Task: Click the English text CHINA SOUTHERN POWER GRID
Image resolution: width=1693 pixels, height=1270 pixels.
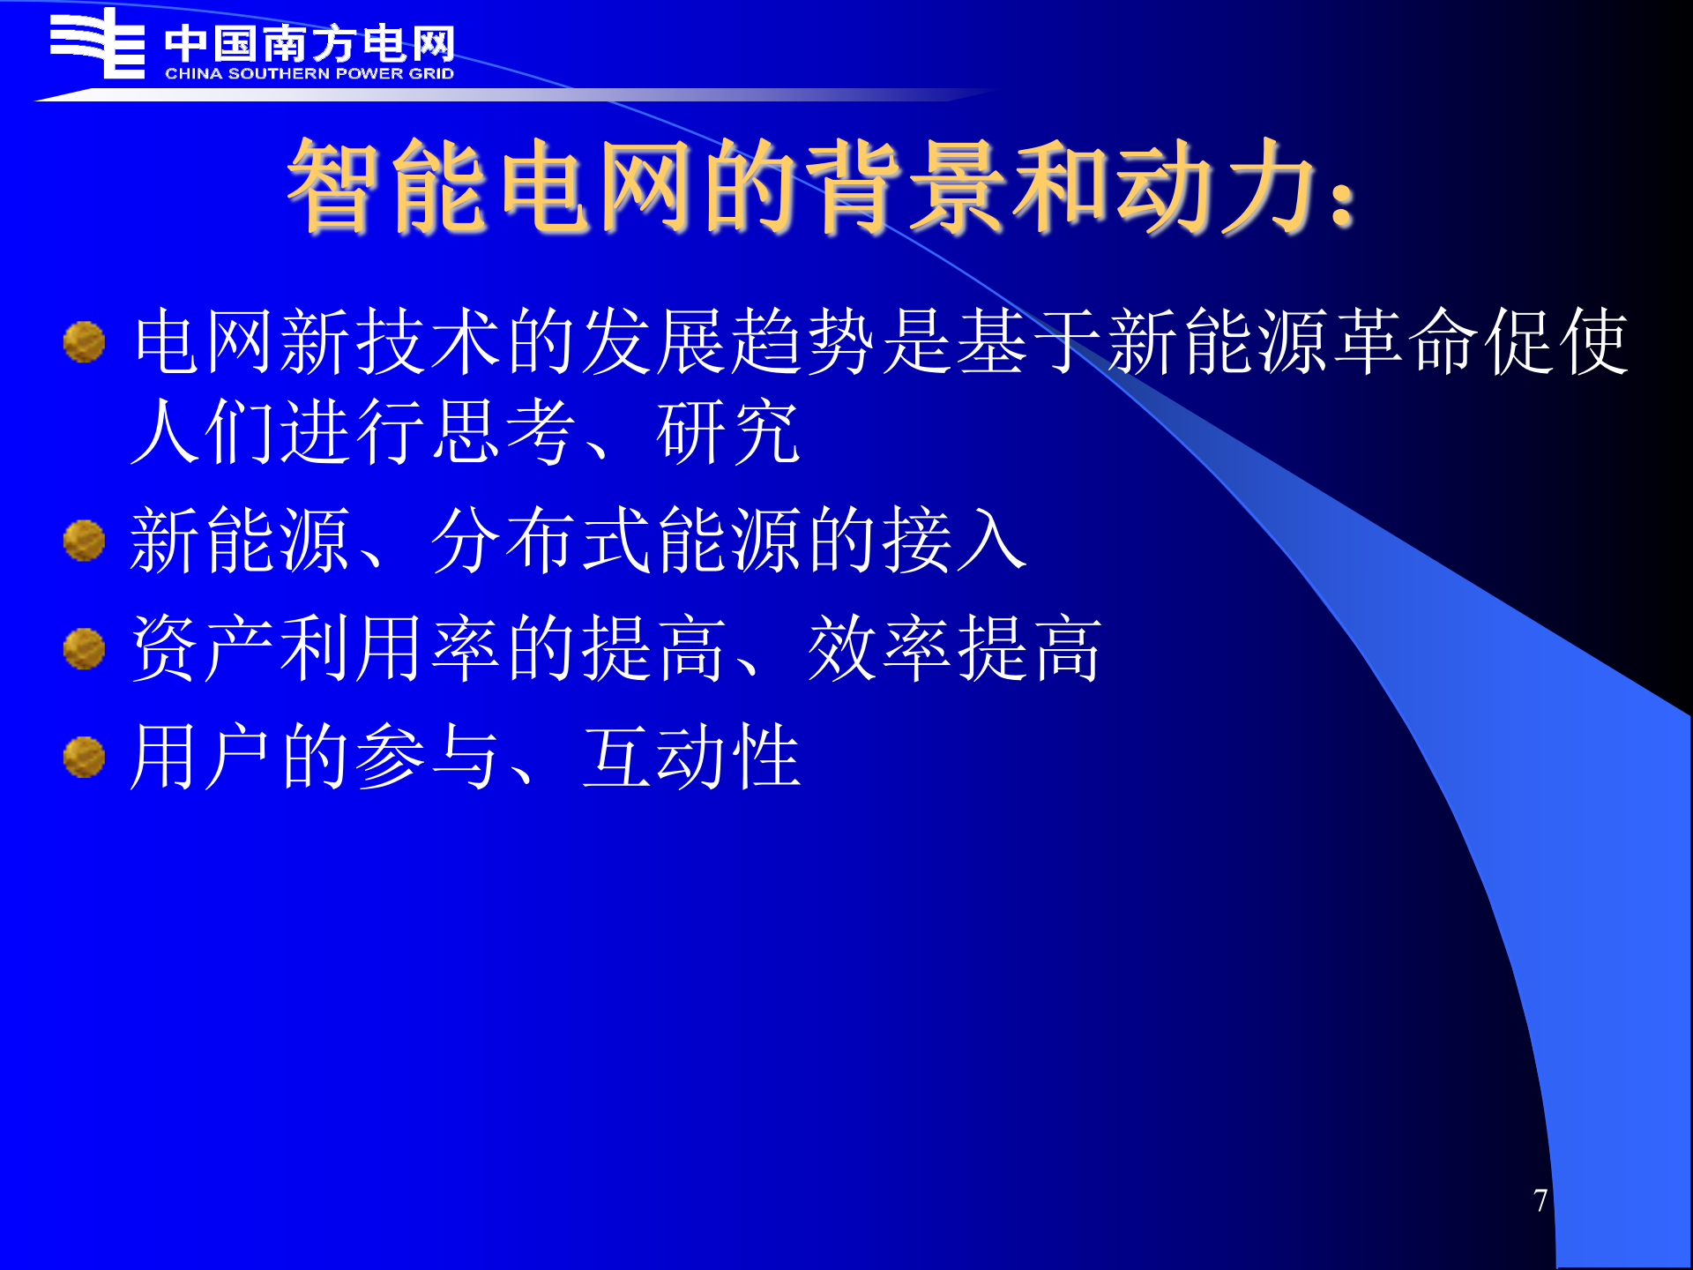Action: coord(310,74)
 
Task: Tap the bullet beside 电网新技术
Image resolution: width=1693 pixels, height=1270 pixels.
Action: coord(85,342)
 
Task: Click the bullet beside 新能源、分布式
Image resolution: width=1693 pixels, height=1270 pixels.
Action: coord(85,540)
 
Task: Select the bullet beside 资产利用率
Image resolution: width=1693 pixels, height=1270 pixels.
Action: coord(85,649)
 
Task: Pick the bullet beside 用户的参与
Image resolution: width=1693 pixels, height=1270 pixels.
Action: coord(85,757)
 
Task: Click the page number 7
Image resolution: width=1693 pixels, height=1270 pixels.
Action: coord(1540,1200)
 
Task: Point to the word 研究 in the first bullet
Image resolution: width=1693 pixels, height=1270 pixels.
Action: coord(728,432)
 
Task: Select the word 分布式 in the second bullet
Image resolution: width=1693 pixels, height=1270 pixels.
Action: coord(542,540)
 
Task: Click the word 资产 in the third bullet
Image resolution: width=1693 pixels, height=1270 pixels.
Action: coord(203,649)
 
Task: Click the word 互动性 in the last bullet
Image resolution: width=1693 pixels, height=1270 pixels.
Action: coord(691,757)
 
